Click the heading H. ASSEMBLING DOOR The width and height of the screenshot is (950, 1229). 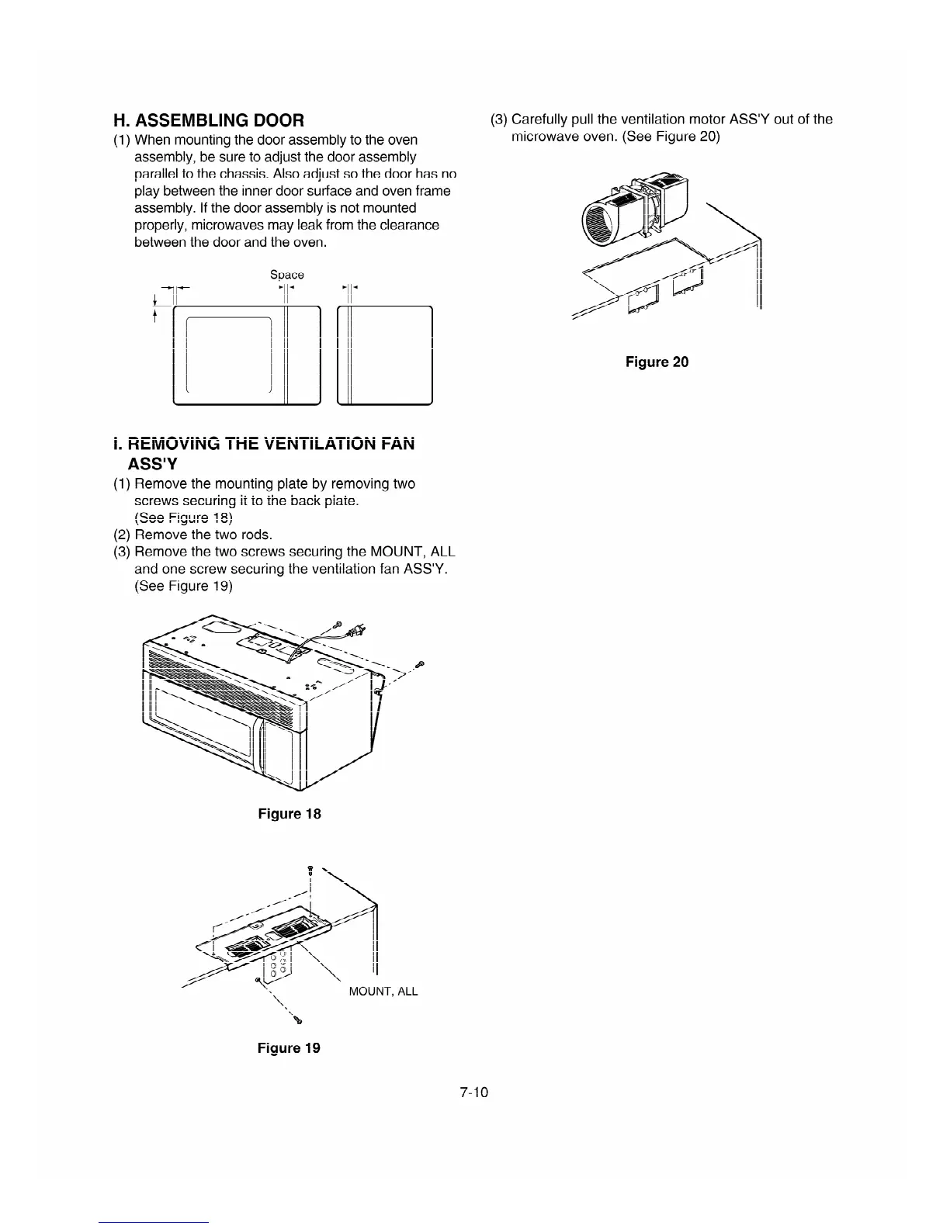209,120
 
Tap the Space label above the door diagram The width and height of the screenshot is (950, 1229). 286,275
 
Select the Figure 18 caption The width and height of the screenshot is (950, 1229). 289,814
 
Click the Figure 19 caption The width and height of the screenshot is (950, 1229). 289,1048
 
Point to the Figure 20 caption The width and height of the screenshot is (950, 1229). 657,362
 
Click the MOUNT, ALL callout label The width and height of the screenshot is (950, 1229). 383,992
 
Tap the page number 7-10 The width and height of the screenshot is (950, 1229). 473,1092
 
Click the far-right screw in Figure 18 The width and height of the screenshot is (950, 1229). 420,664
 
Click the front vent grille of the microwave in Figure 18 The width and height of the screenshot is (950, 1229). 217,683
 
